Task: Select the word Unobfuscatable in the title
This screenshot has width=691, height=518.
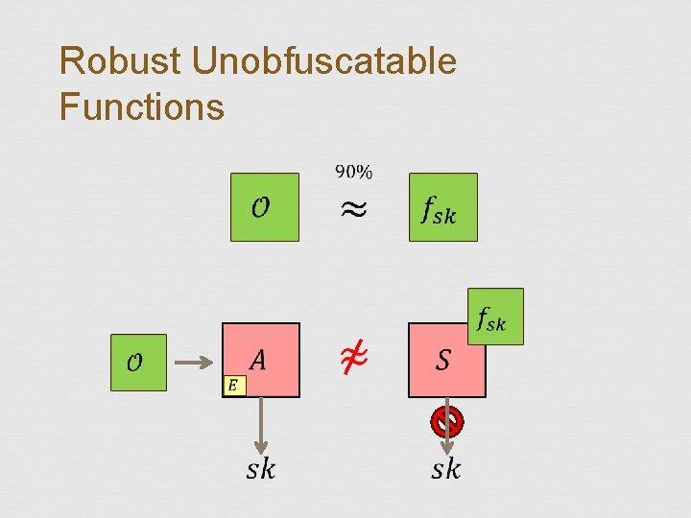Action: [x=324, y=61]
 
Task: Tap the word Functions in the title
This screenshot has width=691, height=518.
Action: [x=141, y=106]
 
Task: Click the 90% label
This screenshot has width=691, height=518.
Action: [x=353, y=172]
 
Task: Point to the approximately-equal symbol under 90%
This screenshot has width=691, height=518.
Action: [x=353, y=210]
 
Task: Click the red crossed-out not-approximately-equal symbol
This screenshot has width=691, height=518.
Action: [x=352, y=360]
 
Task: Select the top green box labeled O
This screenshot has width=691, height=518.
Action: [x=264, y=206]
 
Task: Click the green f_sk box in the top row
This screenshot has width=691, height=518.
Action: [x=442, y=206]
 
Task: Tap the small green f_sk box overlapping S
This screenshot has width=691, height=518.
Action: [x=495, y=317]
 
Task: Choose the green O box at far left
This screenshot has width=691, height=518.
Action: [x=138, y=363]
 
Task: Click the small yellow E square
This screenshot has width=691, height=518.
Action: [x=233, y=386]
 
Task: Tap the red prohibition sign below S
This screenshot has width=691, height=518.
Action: [x=446, y=420]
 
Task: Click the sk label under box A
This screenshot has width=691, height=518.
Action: [x=260, y=468]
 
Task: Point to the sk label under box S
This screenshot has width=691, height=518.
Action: [x=445, y=468]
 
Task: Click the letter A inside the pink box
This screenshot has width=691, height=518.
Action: [x=257, y=360]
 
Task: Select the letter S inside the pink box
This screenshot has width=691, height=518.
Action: [x=442, y=361]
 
